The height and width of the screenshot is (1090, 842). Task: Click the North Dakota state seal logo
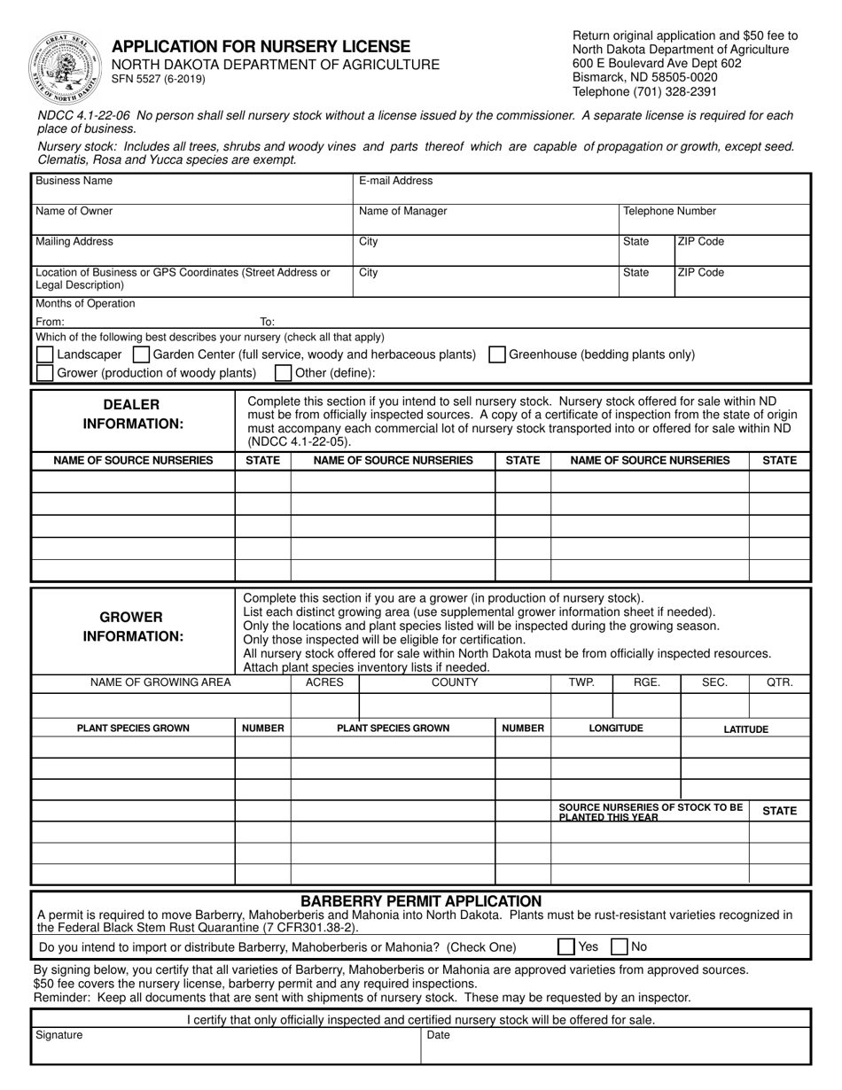[66, 67]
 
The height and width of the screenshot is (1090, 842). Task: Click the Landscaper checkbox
[44, 354]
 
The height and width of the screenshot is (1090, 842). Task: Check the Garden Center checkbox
[140, 354]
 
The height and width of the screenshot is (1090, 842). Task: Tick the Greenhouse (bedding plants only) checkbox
[497, 354]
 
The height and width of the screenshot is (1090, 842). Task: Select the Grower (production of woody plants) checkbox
[44, 373]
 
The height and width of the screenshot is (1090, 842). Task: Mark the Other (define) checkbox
[283, 373]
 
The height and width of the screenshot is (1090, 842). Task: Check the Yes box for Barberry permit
[565, 946]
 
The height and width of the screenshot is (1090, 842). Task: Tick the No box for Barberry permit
[620, 946]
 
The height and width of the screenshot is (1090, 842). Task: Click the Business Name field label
[74, 181]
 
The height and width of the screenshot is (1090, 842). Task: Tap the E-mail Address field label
[395, 181]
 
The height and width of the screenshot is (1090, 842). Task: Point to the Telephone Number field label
[669, 212]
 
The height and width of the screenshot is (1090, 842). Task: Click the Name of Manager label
[402, 212]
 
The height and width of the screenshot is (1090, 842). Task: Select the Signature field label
[58, 1035]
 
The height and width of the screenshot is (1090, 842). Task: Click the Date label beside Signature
[439, 1035]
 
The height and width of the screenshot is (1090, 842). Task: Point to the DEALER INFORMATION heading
[133, 414]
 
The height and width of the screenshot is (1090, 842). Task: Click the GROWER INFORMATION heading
[133, 627]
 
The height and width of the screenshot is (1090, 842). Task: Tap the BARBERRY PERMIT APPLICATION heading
[421, 901]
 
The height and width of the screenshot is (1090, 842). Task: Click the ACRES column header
[324, 682]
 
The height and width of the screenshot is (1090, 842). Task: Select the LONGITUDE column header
[616, 728]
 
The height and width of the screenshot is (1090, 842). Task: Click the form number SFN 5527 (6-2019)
[158, 80]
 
